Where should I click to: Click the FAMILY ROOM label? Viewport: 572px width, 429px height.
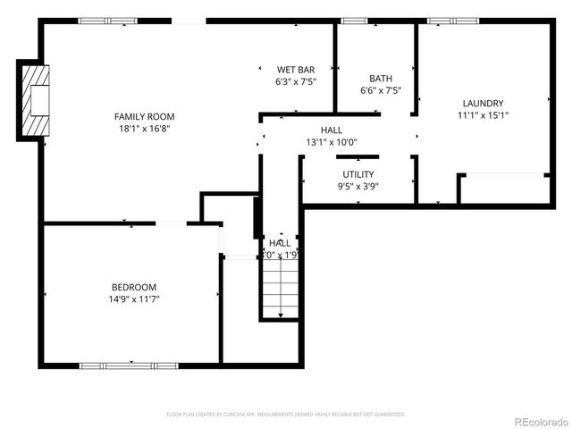tap(144, 116)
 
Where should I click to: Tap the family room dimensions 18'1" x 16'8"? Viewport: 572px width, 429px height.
tap(144, 129)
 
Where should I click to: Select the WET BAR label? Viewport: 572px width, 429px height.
tap(295, 69)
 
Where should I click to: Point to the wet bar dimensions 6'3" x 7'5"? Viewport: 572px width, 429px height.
tap(295, 81)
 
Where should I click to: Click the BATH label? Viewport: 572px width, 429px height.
tap(381, 78)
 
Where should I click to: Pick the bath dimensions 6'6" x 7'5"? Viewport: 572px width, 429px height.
tap(381, 90)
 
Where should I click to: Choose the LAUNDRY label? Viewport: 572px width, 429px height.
tap(483, 103)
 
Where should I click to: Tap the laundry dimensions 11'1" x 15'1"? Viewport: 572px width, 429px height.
tap(483, 115)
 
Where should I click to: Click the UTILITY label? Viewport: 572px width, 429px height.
tap(358, 174)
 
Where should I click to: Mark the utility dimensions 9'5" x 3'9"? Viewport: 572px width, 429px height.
tap(358, 187)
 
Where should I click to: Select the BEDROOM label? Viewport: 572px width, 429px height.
tap(134, 287)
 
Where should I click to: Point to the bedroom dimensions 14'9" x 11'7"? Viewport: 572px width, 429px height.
tap(134, 299)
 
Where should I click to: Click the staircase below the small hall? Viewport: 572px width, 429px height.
tap(279, 288)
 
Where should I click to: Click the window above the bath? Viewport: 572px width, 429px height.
tap(355, 21)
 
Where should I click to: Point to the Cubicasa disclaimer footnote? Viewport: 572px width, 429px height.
tap(286, 415)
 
